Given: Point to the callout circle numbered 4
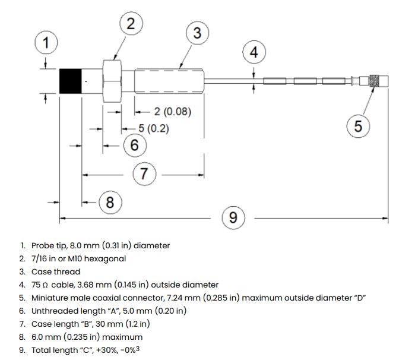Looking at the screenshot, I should [x=254, y=53].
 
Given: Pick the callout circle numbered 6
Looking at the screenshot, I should [x=134, y=144].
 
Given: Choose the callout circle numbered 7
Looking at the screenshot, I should [x=144, y=174].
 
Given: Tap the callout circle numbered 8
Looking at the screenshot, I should [x=110, y=203].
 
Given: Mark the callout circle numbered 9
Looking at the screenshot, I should [x=233, y=218].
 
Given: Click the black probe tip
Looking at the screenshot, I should [x=71, y=81].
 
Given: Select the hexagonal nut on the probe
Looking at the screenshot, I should [x=112, y=81].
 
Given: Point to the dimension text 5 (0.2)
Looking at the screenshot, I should [x=153, y=128].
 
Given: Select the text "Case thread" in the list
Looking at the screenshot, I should [x=56, y=271].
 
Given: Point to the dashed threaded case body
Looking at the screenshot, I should [x=170, y=81].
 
